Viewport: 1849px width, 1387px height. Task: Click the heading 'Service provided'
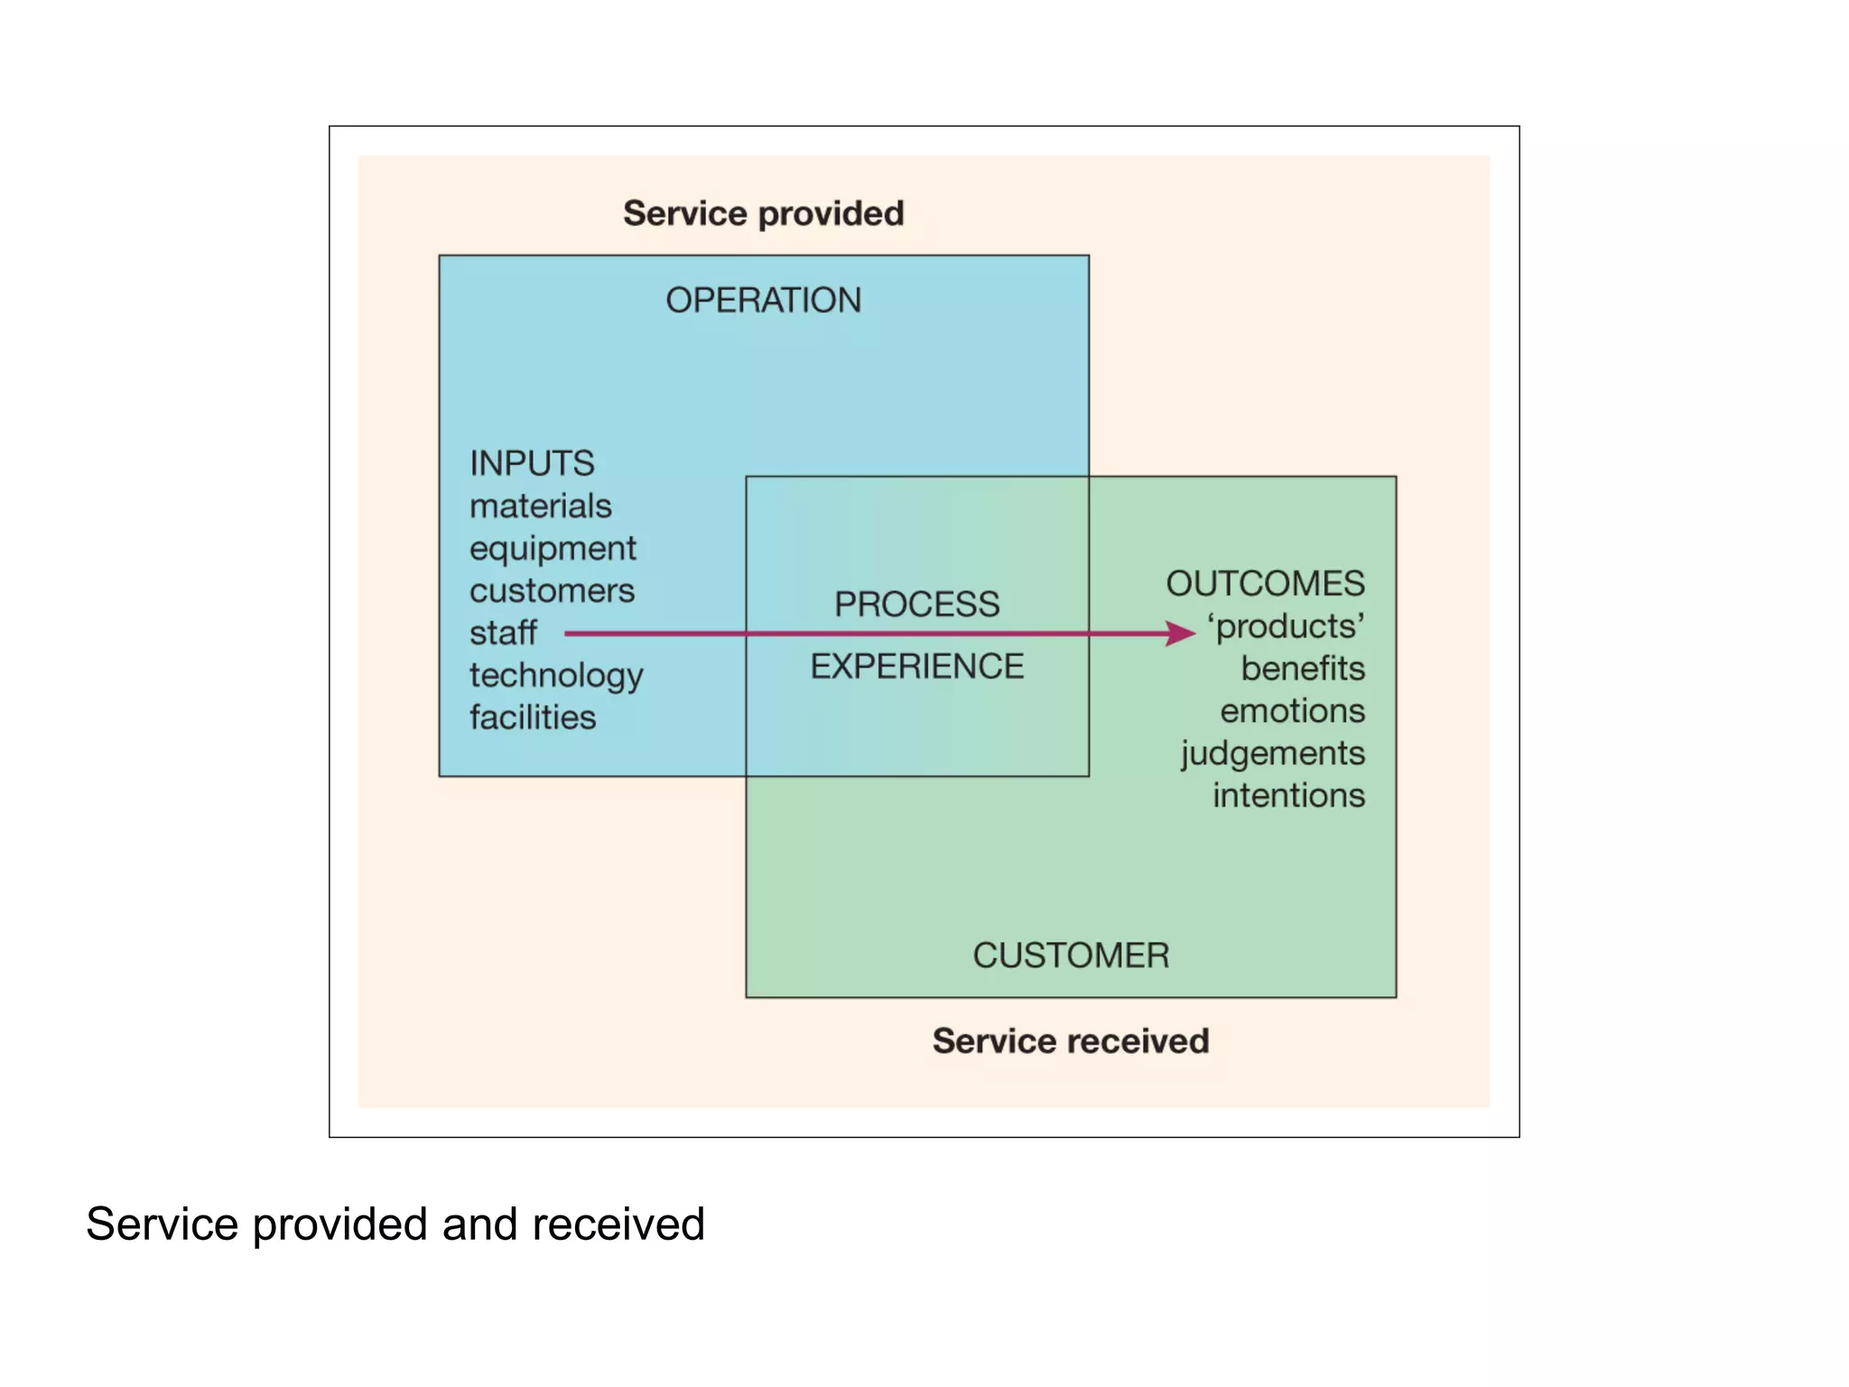[763, 214]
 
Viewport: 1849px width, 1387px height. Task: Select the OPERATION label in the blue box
[763, 300]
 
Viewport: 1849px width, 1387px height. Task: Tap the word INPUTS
[532, 463]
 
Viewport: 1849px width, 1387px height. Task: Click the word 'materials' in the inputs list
[540, 506]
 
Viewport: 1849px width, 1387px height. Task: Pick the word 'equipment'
[553, 549]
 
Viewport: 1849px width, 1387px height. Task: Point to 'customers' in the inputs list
[552, 591]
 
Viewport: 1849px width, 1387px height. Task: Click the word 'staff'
[503, 633]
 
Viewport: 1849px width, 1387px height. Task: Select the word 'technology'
[556, 675]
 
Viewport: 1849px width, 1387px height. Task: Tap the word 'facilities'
[533, 717]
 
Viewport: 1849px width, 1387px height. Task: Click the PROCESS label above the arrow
[916, 604]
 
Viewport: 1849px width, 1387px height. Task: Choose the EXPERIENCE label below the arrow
[916, 666]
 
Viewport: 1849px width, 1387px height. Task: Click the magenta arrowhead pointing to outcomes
[1180, 633]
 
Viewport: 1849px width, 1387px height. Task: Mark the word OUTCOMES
[1265, 583]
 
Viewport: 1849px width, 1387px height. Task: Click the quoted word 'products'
[1287, 626]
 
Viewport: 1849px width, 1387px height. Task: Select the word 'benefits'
[1302, 668]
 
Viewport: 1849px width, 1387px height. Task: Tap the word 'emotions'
[1292, 711]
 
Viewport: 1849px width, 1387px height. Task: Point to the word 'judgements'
[1272, 753]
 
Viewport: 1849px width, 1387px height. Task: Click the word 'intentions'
[1288, 796]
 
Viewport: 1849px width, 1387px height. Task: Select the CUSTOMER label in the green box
[1071, 955]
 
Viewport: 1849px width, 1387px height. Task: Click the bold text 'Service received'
[1071, 1041]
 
